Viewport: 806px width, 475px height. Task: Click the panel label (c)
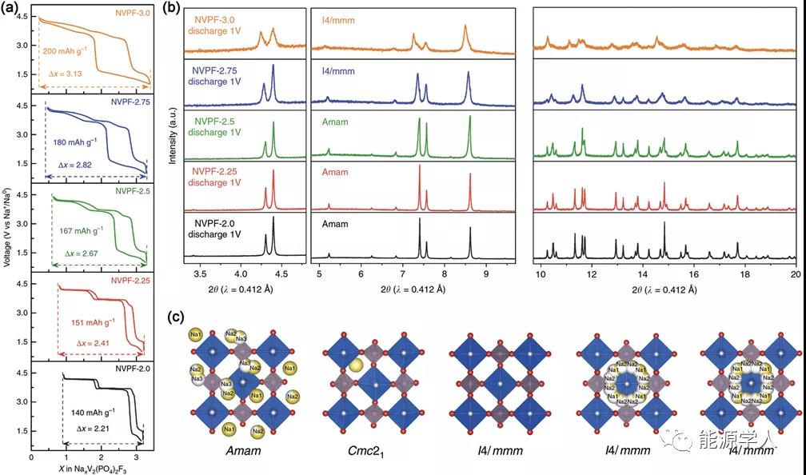tap(179, 317)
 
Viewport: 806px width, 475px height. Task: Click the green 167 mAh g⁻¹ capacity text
tap(86, 230)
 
